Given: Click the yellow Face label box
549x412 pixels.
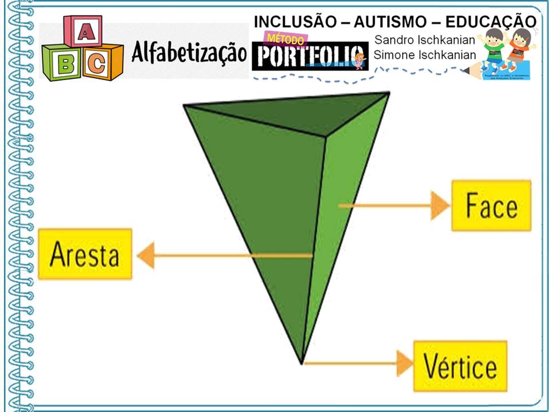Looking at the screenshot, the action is [491, 205].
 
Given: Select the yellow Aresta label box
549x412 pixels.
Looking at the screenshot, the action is [85, 254].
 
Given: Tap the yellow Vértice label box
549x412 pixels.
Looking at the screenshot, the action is [460, 366].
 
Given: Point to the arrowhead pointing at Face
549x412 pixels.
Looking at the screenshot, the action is [440, 205].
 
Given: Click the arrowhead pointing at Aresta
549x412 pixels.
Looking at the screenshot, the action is [146, 255].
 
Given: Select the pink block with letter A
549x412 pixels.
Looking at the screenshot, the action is [83, 33].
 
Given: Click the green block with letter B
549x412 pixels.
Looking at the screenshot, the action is [61, 63].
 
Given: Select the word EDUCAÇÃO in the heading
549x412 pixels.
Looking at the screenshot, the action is [490, 21].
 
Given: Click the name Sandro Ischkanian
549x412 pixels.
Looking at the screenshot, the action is [424, 41].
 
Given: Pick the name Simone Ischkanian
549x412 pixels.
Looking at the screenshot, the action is [425, 54].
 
